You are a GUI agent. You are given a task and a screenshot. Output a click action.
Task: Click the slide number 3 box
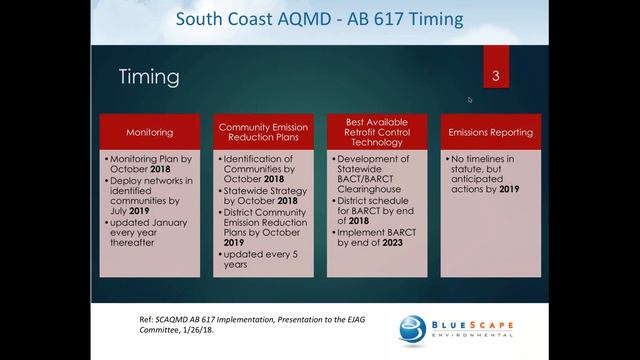click(x=496, y=76)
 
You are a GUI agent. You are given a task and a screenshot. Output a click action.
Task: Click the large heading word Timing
click(x=149, y=77)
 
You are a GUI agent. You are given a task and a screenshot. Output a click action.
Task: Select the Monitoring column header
click(x=149, y=132)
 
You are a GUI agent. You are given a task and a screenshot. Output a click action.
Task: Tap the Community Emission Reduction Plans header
click(x=265, y=132)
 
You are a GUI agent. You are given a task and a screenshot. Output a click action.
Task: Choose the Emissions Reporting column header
click(x=491, y=132)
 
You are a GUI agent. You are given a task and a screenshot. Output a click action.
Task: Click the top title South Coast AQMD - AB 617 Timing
click(x=319, y=19)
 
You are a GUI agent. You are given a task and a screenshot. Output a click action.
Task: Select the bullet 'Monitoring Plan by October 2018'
click(x=152, y=164)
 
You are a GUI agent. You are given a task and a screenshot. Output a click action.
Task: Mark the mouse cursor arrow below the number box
click(x=470, y=99)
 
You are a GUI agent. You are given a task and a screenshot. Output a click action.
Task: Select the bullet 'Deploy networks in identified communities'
click(x=152, y=199)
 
